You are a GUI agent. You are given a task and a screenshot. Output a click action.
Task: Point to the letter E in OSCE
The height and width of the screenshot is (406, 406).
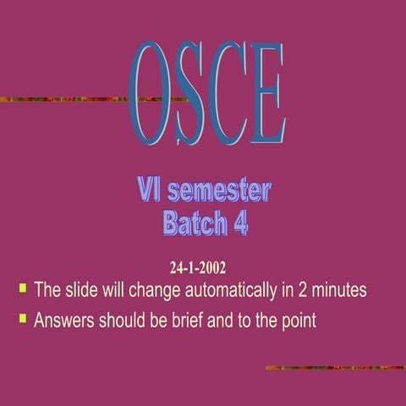266,93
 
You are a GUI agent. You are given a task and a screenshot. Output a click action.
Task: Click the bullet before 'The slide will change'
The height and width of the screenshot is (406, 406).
23,288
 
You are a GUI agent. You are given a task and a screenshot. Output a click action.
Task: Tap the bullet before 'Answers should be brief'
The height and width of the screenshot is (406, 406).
23,319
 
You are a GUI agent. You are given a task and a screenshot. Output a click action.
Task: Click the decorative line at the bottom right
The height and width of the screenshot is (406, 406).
335,368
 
